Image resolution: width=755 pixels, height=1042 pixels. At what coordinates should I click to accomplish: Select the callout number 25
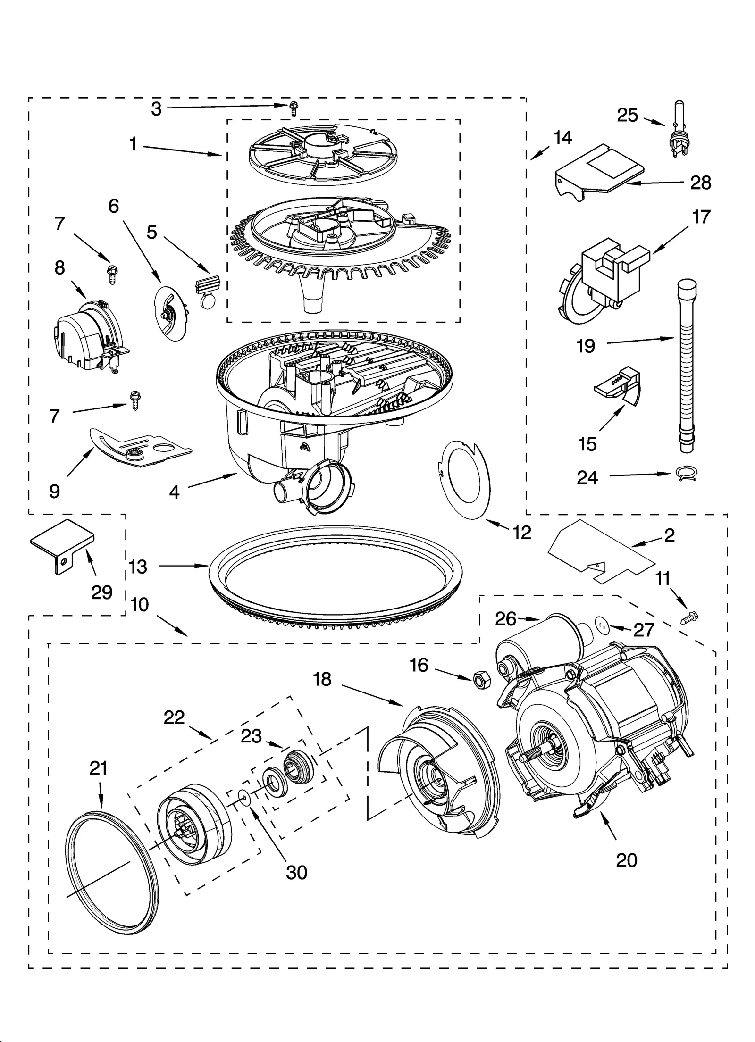[x=628, y=115]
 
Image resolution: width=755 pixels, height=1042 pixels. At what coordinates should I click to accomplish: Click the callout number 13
[x=138, y=567]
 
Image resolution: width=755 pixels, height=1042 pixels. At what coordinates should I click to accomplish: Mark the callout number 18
[x=322, y=680]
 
